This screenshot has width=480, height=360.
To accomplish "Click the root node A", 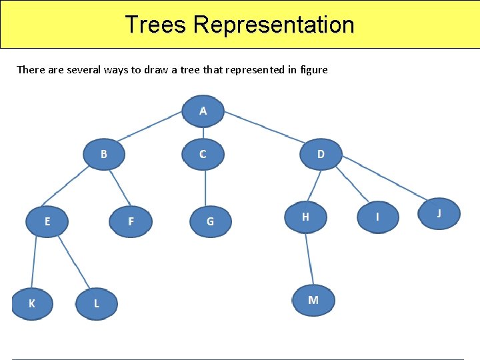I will (x=203, y=111).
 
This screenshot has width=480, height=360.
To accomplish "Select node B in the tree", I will (x=103, y=154).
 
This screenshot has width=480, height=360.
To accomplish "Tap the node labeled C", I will (x=203, y=154).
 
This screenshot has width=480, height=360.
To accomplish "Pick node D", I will (x=321, y=154).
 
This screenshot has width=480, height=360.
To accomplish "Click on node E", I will (x=47, y=221).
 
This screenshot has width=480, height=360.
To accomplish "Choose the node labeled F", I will (x=131, y=221).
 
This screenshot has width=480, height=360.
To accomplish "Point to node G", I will (x=210, y=221).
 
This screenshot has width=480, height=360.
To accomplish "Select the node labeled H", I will (x=305, y=216).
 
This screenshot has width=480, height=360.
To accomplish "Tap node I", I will (x=377, y=217).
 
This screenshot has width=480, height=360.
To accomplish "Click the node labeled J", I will (x=439, y=213).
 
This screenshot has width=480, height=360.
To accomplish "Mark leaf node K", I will (x=32, y=303).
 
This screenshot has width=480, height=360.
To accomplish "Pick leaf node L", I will (x=96, y=303).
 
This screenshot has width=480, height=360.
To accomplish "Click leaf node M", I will (x=313, y=300).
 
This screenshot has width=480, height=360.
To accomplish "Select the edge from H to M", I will (x=309, y=259).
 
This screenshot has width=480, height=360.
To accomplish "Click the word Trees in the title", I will (x=157, y=25).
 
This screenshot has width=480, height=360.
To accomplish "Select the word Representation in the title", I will (x=273, y=25).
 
